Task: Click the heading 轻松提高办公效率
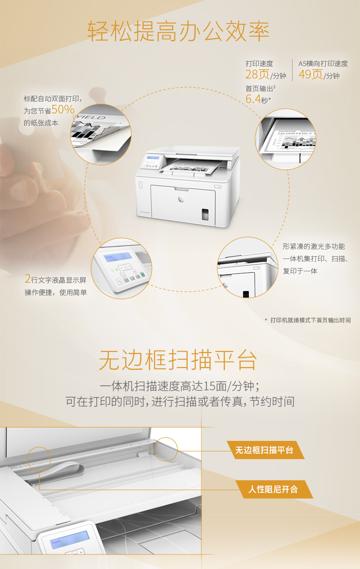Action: (178, 31)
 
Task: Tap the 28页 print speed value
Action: (257, 74)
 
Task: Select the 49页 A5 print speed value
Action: (310, 74)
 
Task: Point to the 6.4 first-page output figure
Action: (253, 99)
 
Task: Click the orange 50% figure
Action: (63, 109)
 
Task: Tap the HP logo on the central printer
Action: (181, 199)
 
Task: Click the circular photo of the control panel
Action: (121, 269)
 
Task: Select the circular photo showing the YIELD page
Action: (101, 134)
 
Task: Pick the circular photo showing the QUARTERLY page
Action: (285, 139)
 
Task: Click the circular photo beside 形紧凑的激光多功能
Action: (247, 267)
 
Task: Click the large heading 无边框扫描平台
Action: (178, 360)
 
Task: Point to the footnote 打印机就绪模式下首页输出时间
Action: (310, 320)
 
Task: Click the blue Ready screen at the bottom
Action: (69, 540)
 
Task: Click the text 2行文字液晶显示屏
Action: (56, 279)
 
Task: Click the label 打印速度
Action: (259, 63)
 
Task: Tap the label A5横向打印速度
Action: (323, 63)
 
